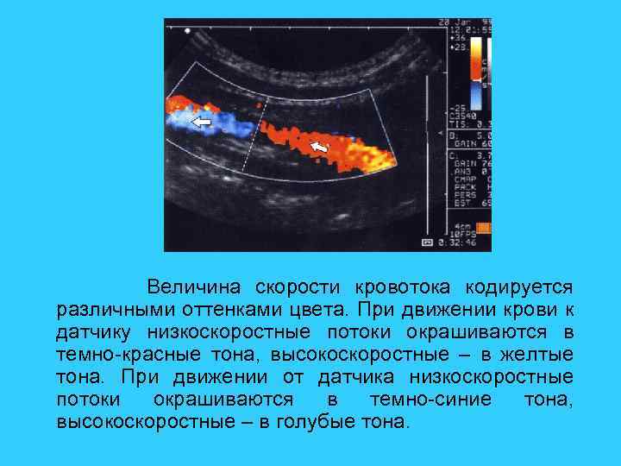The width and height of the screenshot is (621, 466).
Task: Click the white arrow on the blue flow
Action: point(200,123)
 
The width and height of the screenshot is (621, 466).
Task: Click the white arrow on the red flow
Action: point(319,148)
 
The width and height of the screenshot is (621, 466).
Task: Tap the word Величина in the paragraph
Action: point(195,286)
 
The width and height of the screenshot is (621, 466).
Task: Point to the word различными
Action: point(105,309)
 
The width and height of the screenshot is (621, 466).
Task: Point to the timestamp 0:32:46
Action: point(456,244)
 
